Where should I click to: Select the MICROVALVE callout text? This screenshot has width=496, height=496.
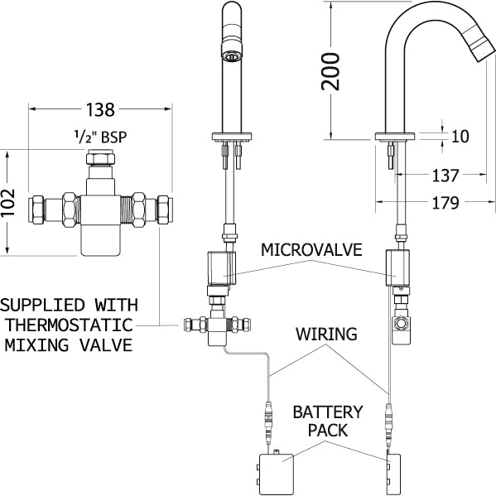(x=311, y=249)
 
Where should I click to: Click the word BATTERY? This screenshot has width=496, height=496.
(x=328, y=412)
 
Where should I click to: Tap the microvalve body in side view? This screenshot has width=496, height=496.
(x=397, y=267)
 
